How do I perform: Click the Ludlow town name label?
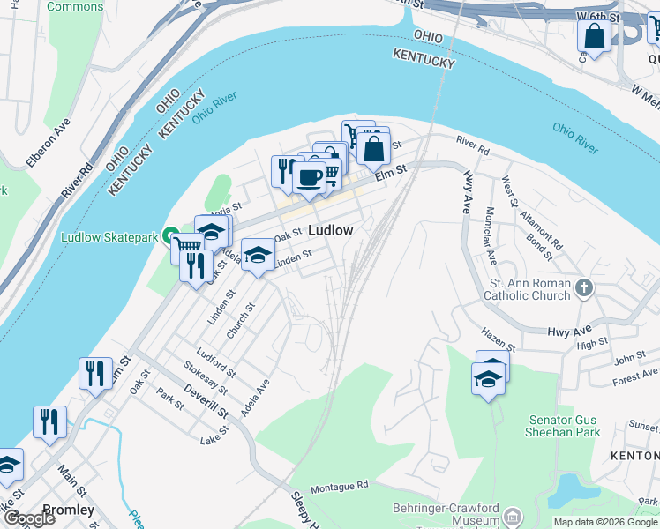pyautogui.click(x=331, y=230)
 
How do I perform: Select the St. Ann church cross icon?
pyautogui.click(x=583, y=288)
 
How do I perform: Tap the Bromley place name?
pyautogui.click(x=68, y=510)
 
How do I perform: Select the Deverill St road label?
pyautogui.click(x=206, y=399)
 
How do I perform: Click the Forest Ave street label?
pyautogui.click(x=636, y=378)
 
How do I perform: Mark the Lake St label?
pyautogui.click(x=214, y=435)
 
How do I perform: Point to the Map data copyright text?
pyautogui.click(x=605, y=522)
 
